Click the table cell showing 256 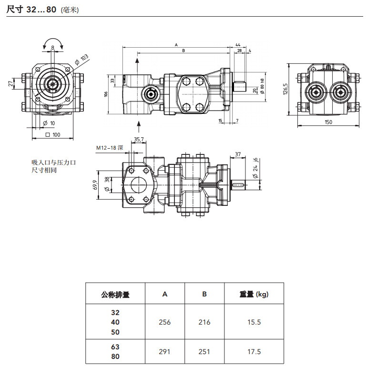pos(164,322)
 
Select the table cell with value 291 pos(164,352)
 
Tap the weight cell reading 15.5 pos(254,322)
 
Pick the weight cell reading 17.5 pos(254,352)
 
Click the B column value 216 pos(204,322)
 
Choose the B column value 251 pos(204,352)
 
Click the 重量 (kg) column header pos(254,294)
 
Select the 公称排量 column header pos(115,294)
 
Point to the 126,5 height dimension pos(285,89)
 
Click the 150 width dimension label pos(328,122)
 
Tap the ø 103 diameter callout pos(81,60)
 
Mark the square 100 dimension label pos(53,134)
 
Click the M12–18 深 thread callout pos(110,148)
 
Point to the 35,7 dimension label pos(139,139)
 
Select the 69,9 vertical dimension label pos(95,185)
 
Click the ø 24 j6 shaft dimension pos(255,168)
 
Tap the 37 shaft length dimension pos(238,154)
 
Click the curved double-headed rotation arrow pos(53,43)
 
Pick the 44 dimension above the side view pos(238,45)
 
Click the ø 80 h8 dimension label pos(262,86)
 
